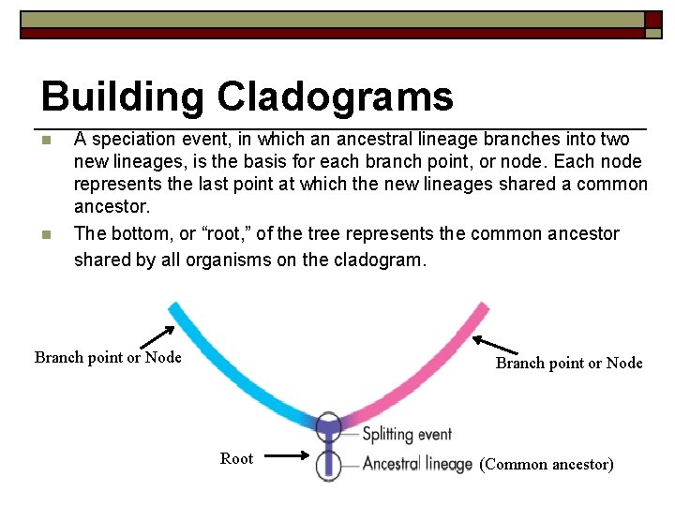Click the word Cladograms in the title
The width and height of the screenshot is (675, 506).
(335, 97)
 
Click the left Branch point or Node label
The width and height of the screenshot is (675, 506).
(108, 357)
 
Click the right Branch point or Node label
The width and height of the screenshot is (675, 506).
(569, 363)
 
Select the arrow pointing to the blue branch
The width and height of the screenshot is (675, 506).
(157, 335)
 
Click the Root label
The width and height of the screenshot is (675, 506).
(236, 458)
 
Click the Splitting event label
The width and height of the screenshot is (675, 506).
(407, 434)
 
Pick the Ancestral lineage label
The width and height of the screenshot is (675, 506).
(417, 464)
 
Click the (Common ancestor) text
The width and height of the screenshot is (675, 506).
(547, 464)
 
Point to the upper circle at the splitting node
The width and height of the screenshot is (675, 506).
(328, 427)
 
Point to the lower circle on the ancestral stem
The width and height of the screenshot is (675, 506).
(328, 464)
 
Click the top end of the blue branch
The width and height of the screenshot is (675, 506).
(175, 310)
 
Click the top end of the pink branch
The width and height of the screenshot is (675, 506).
(481, 310)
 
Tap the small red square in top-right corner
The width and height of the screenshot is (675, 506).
(653, 20)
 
